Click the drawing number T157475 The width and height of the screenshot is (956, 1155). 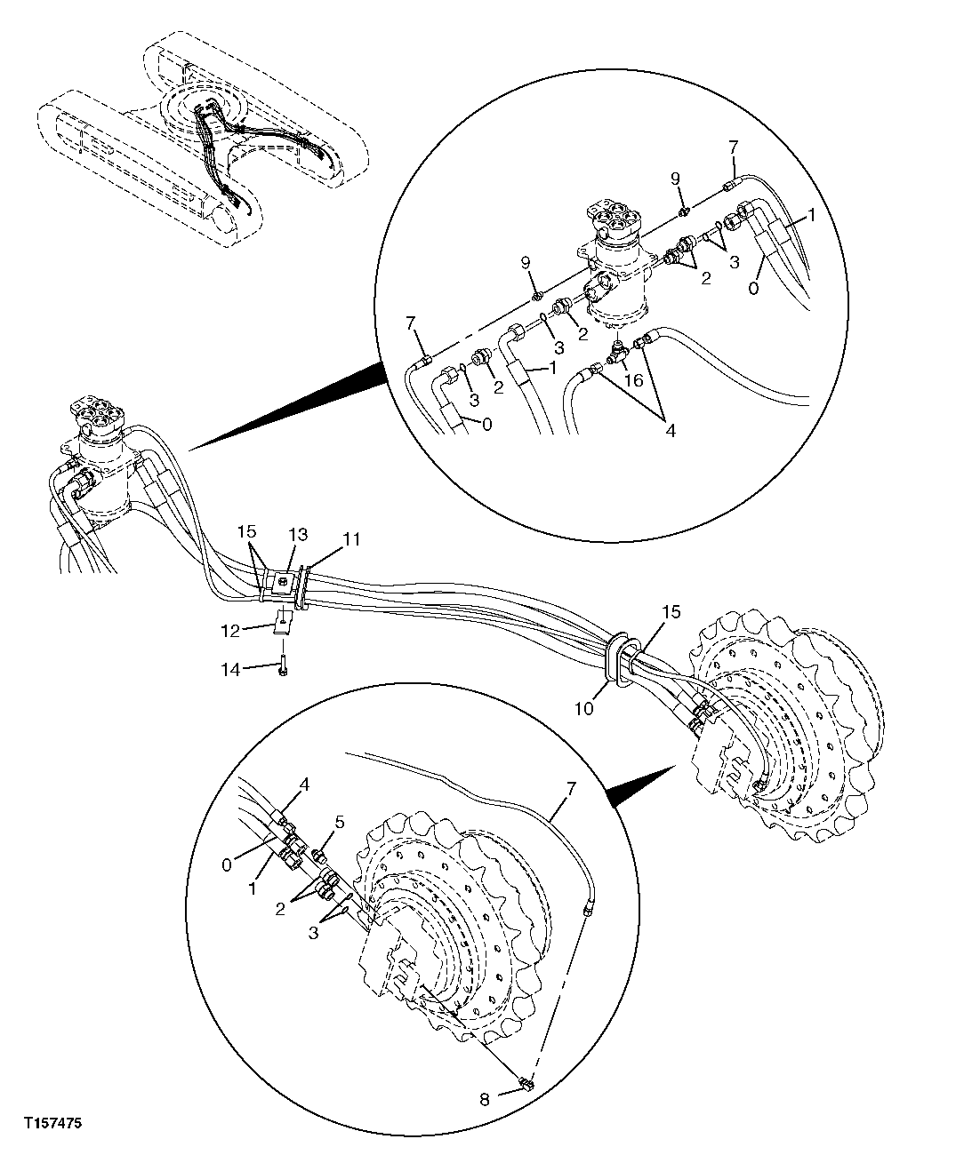[x=53, y=1125]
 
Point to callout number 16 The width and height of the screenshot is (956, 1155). [x=633, y=379]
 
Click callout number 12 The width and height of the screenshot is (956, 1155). [x=231, y=630]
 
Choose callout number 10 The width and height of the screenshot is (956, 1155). [x=583, y=684]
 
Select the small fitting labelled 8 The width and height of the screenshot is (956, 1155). [x=526, y=1082]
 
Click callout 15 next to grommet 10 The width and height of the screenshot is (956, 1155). [x=671, y=612]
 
